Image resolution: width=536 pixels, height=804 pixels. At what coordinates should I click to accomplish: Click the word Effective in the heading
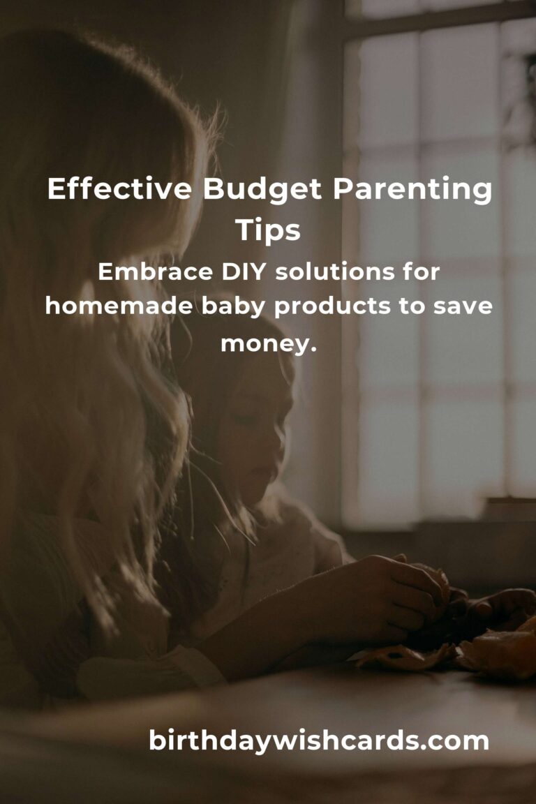pyautogui.click(x=120, y=188)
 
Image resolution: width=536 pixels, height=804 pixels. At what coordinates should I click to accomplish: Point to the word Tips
pyautogui.click(x=268, y=231)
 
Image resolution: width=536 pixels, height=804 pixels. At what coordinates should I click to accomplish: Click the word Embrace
pyautogui.click(x=155, y=271)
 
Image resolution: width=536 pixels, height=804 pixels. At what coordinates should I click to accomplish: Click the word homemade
pyautogui.click(x=119, y=306)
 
